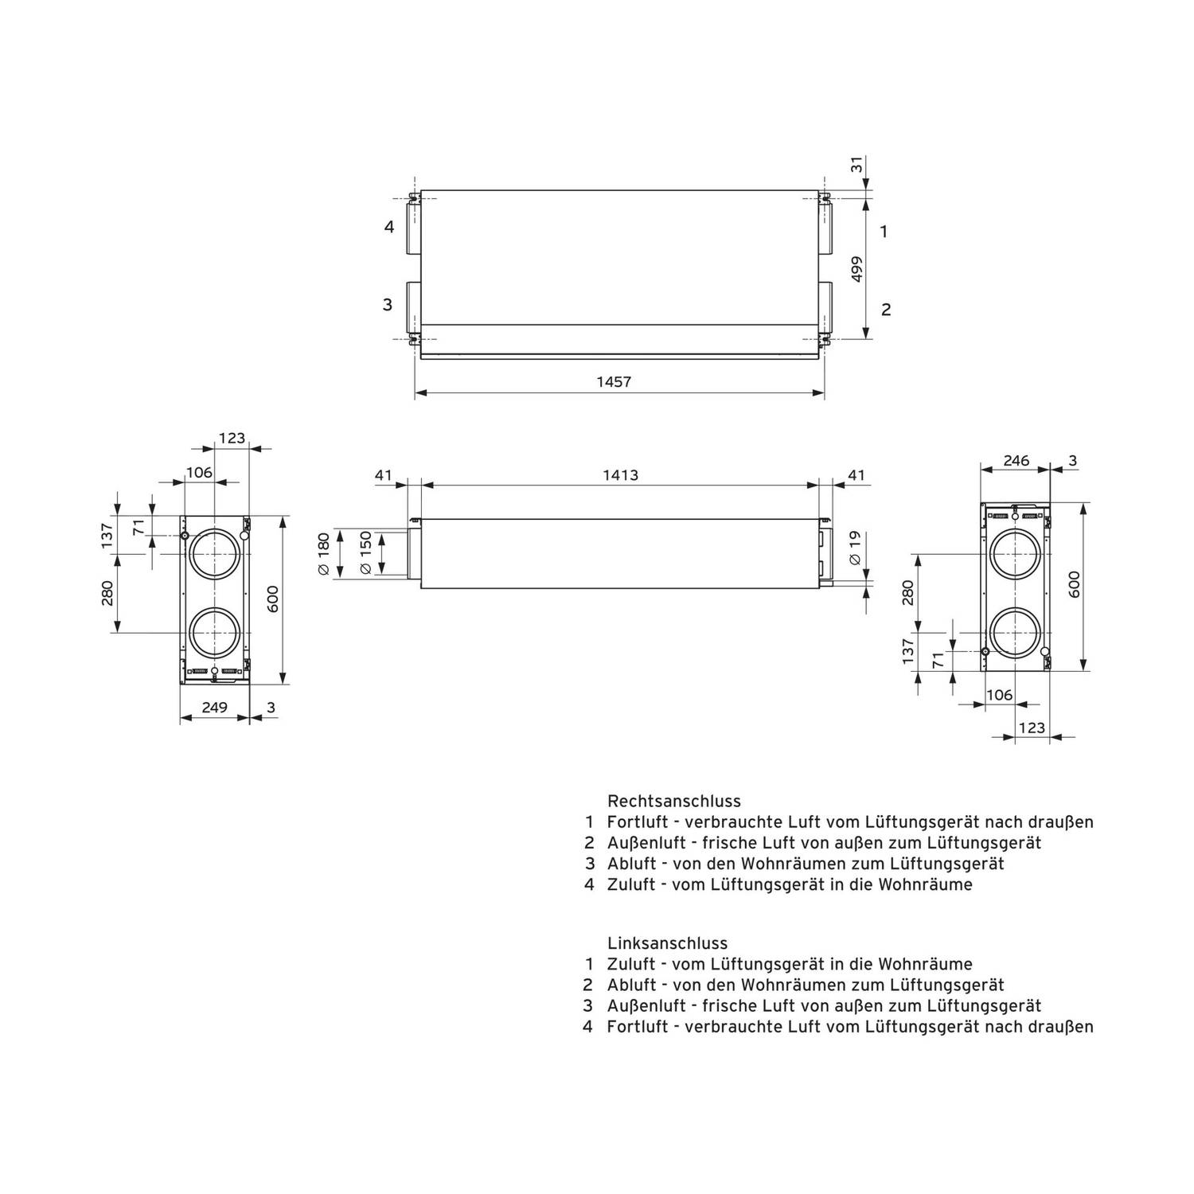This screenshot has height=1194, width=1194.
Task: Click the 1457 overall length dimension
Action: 614,382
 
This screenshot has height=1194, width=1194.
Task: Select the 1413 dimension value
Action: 620,476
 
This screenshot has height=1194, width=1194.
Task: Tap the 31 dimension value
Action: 856,165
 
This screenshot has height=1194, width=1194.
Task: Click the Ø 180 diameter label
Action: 323,554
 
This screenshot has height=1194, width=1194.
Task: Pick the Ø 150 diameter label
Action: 365,553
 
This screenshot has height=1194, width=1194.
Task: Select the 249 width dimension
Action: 215,707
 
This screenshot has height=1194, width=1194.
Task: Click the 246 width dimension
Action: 1016,460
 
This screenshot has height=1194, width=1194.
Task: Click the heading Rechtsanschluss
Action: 674,801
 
